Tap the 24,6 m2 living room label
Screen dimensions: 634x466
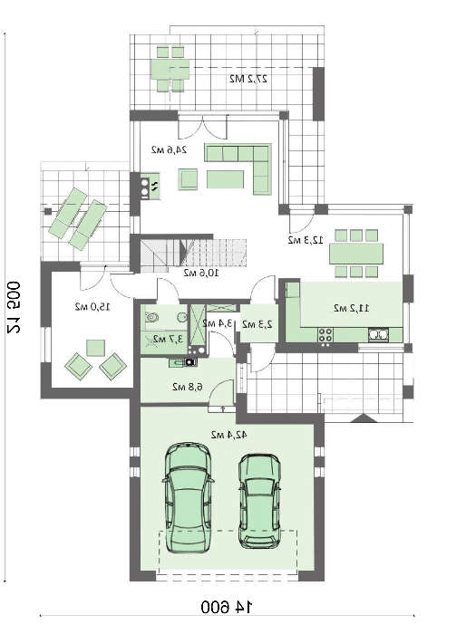click(x=169, y=149)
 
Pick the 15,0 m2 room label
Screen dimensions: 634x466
click(x=92, y=307)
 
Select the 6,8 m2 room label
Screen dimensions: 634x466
click(x=184, y=387)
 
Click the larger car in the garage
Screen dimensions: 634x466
click(x=188, y=509)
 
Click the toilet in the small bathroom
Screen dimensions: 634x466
click(x=151, y=317)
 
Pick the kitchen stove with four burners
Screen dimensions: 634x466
click(x=325, y=336)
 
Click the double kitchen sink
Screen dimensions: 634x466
click(x=378, y=336)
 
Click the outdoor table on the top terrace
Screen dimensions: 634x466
click(x=170, y=68)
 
